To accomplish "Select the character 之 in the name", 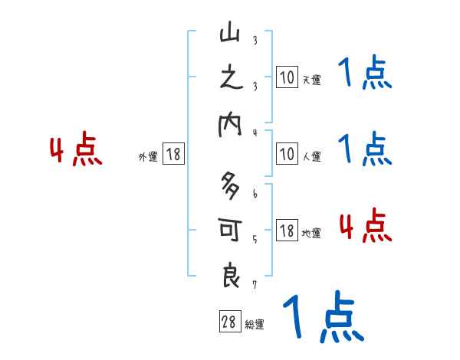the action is coord(230,80).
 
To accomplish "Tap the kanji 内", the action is coord(230,124).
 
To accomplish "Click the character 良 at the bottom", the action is coord(230,274).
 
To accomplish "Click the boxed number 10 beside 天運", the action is coord(287,77).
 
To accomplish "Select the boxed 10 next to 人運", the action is coord(287,154).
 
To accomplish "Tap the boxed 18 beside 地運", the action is coord(287,231).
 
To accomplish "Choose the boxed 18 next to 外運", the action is coord(173,154).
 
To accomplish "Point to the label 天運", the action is coord(311,80).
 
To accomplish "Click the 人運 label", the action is coord(311,156).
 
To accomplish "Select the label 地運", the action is coord(311,233).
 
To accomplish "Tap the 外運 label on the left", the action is coord(148,156).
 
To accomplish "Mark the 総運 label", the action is coord(255,324).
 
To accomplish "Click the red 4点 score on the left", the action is coord(76,150).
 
